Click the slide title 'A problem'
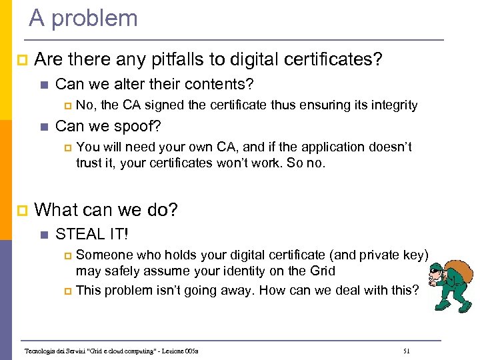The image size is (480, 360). click(x=83, y=18)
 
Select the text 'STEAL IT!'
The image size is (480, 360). click(x=92, y=234)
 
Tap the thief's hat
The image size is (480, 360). click(x=435, y=268)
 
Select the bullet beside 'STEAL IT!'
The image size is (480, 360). click(x=44, y=235)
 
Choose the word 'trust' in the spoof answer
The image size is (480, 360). click(x=89, y=162)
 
